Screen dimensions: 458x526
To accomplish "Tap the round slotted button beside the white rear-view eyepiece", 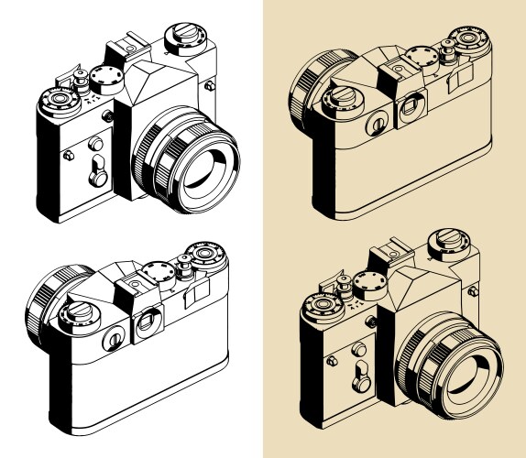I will [113, 340].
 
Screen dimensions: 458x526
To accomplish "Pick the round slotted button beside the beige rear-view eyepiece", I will [377, 123].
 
